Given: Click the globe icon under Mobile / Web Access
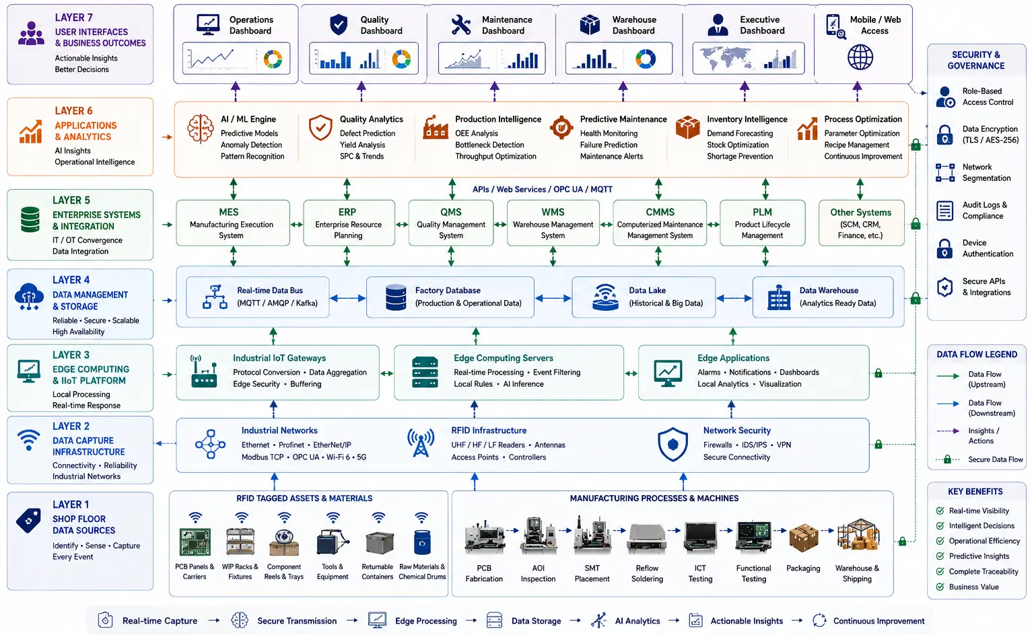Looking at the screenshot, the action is [x=860, y=57].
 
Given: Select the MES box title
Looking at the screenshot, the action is [x=228, y=212].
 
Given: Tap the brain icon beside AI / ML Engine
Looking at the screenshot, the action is [x=201, y=128].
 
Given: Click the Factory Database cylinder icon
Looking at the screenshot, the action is [x=396, y=297].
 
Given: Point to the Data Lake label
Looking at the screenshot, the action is [x=647, y=291].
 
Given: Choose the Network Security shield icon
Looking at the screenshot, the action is [x=673, y=444].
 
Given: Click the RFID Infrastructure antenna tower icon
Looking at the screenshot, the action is [x=421, y=443].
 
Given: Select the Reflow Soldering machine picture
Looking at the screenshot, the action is [x=647, y=538].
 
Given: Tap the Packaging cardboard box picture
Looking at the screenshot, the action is [x=803, y=537].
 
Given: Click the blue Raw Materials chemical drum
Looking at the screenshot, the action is [x=422, y=542].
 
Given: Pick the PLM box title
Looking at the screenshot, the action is [x=762, y=212].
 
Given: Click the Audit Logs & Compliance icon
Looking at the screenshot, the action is [x=944, y=211].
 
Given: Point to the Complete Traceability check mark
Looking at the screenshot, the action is [x=940, y=571].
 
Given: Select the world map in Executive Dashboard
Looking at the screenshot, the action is [x=726, y=58].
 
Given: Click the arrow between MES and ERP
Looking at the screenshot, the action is [x=296, y=225].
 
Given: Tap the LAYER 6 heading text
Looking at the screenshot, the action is [x=73, y=111].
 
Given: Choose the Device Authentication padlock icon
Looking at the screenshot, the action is [x=944, y=249].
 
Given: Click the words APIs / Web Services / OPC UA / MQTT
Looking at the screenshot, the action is [x=543, y=190].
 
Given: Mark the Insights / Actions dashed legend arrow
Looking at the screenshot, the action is [x=948, y=431].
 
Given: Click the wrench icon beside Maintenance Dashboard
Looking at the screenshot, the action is [x=460, y=25].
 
